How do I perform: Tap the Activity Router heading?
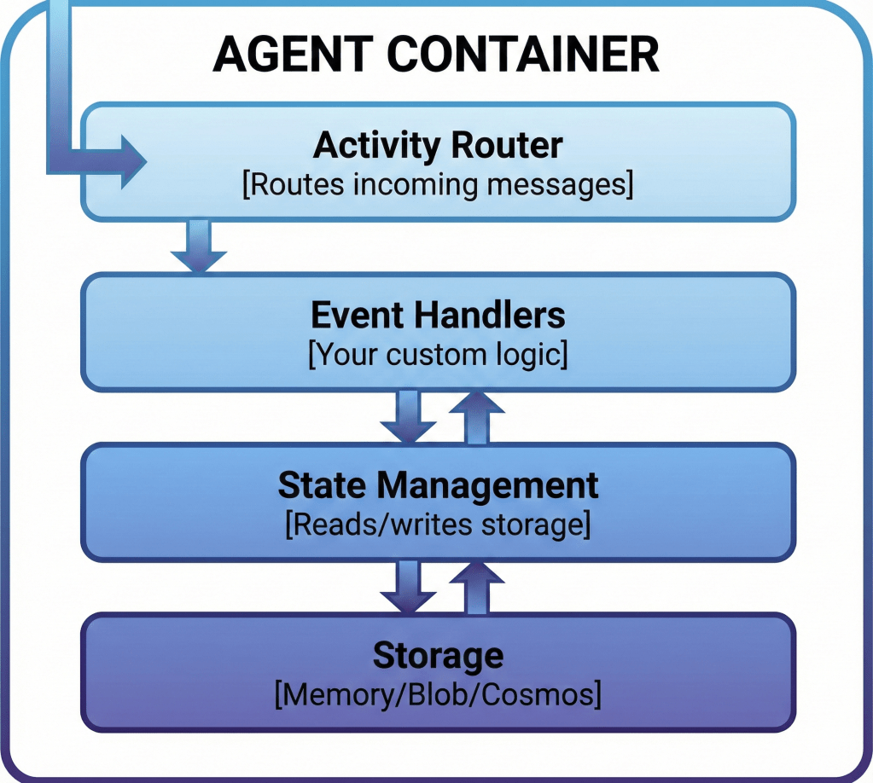[x=438, y=145]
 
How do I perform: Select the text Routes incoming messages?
[x=438, y=185]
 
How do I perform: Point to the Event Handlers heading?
[x=438, y=316]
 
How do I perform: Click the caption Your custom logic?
[x=438, y=355]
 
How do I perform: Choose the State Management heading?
[x=438, y=485]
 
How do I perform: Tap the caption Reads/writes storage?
[x=438, y=525]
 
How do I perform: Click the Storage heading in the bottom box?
[x=438, y=656]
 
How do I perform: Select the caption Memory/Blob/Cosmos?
[x=438, y=694]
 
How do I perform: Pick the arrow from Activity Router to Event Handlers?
[x=198, y=247]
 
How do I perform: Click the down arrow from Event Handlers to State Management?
[x=409, y=417]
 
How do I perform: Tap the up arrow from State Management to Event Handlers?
[x=477, y=417]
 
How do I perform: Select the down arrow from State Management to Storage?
[x=409, y=587]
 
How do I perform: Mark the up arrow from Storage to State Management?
[x=477, y=587]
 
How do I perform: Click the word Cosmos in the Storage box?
[x=545, y=694]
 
